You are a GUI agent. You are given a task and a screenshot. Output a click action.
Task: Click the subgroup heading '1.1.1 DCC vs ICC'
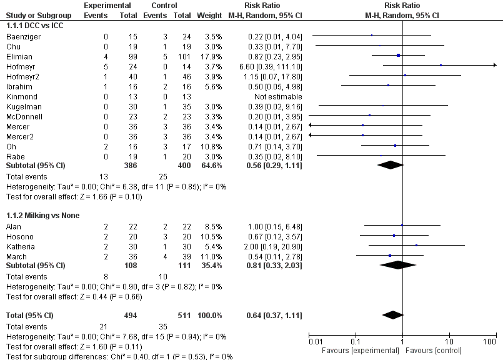point(34,26)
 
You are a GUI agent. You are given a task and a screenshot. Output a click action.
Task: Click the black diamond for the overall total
point(393,314)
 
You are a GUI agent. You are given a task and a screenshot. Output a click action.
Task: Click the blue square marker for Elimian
point(398,56)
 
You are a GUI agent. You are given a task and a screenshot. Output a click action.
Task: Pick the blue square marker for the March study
point(390,255)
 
